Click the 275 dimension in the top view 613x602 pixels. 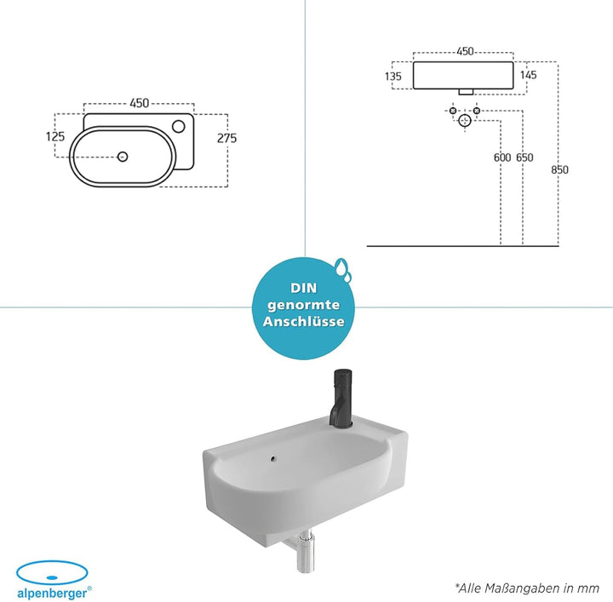tap(227, 138)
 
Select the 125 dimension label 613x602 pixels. tap(55, 136)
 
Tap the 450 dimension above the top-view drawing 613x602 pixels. tap(140, 103)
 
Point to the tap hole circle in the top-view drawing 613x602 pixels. tap(179, 126)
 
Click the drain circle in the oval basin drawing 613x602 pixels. tap(123, 157)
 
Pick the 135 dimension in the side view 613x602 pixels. tap(392, 76)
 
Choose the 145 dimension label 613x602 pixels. tap(528, 75)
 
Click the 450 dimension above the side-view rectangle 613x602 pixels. tap(465, 51)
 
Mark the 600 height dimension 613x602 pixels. tap(502, 158)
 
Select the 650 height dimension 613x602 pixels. tap(524, 158)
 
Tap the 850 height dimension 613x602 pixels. tap(560, 170)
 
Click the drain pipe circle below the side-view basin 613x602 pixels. tap(465, 120)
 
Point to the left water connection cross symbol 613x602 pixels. tap(453, 111)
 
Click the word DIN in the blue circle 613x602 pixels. tap(303, 288)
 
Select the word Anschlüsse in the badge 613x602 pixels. tap(303, 321)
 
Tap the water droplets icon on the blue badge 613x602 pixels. tap(343, 270)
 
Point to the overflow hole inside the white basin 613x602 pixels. tap(273, 459)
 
